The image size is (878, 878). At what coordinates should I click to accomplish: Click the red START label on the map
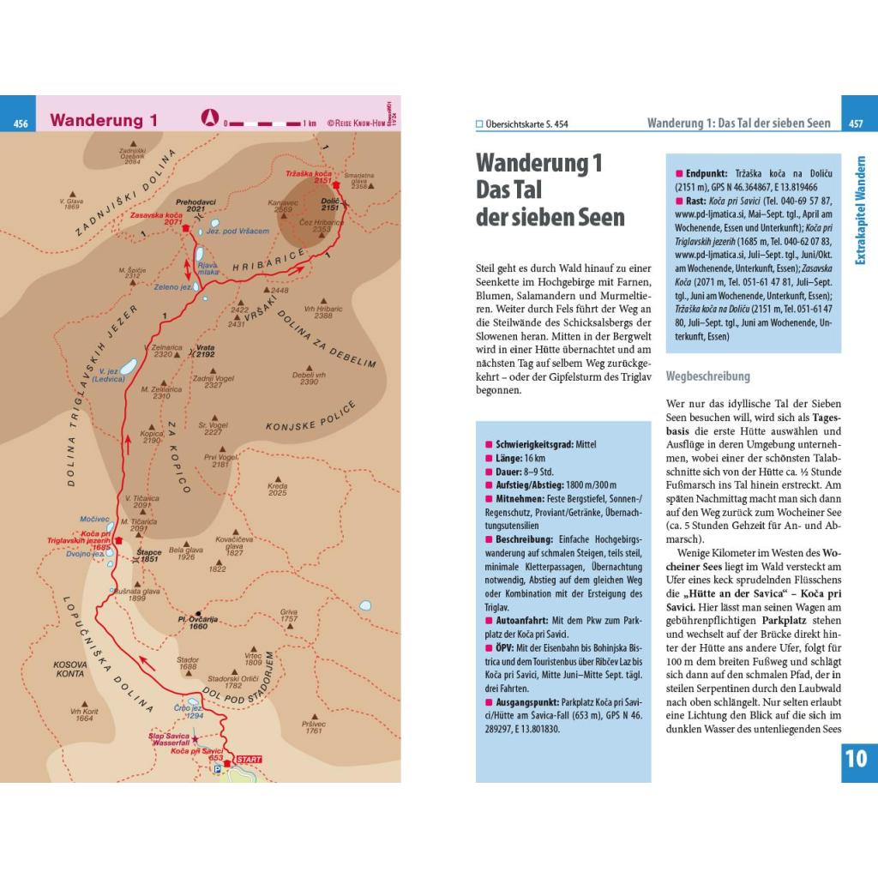(249, 759)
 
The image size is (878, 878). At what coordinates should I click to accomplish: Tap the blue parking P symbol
(217, 770)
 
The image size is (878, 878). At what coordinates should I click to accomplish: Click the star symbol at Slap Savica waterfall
(195, 738)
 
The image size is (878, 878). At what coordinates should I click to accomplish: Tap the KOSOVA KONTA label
(69, 669)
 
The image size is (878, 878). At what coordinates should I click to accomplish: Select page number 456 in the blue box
(21, 123)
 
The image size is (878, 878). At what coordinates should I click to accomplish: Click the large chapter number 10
(856, 758)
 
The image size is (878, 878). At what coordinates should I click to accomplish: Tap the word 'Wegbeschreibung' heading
(707, 376)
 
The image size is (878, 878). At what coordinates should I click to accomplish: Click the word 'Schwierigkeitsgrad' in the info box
(534, 444)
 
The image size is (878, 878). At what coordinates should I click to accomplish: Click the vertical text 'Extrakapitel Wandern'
(860, 209)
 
